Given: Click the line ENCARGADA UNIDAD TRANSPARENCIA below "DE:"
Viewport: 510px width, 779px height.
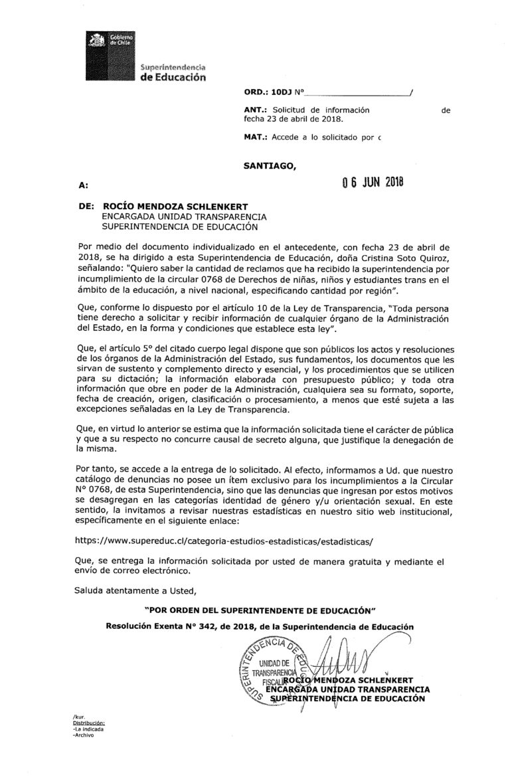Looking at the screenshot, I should click(183, 216).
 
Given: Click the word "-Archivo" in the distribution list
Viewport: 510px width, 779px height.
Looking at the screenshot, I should click(84, 735).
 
